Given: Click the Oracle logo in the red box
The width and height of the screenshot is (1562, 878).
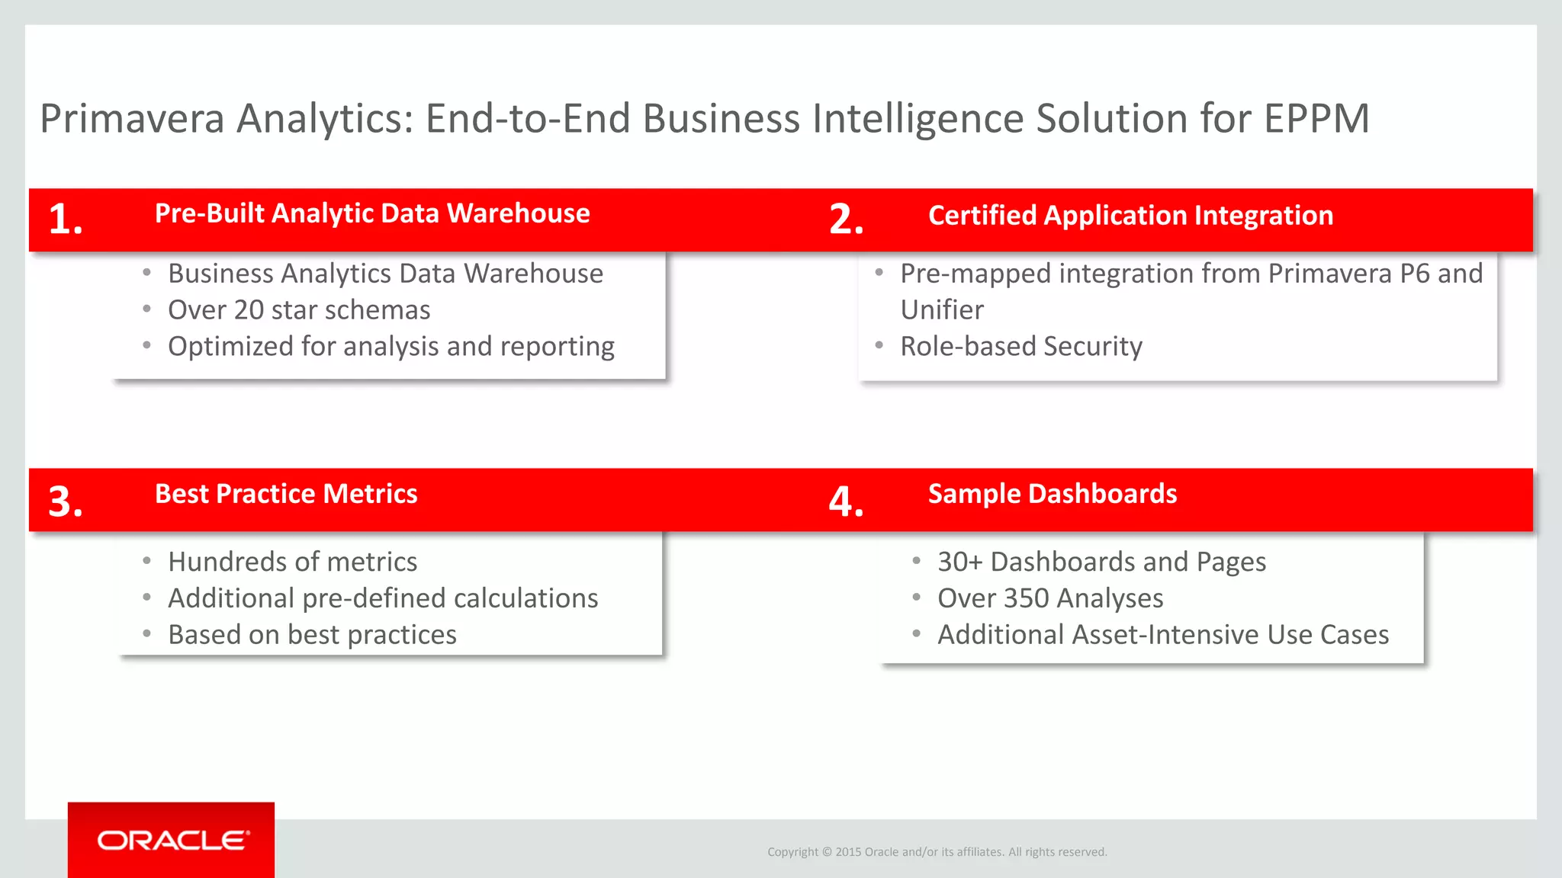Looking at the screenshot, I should click(172, 840).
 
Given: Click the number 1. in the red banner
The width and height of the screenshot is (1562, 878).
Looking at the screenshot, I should click(66, 219).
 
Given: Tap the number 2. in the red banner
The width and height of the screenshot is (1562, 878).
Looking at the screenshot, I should click(846, 219).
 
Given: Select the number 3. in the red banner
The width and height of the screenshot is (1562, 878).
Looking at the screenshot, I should click(66, 501).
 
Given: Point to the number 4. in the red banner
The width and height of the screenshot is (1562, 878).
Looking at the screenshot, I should click(846, 501).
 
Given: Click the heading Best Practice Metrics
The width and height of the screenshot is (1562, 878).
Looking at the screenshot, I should click(286, 494).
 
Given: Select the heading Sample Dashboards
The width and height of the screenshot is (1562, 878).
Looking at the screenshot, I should click(1052, 494).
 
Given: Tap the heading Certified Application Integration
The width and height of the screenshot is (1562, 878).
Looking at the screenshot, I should click(1130, 216).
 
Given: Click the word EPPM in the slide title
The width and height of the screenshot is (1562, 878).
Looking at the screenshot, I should click(1316, 119).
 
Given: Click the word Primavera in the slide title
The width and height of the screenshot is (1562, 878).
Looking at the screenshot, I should click(132, 119).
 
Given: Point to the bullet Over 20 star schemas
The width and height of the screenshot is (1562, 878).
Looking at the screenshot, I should click(299, 310).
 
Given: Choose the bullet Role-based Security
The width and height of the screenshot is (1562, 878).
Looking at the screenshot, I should click(1021, 347).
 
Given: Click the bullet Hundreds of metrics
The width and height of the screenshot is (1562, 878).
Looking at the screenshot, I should click(292, 562).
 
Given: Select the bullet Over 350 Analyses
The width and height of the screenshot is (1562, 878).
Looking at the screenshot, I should click(1050, 598).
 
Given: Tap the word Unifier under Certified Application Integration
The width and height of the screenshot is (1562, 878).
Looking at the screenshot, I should click(942, 310).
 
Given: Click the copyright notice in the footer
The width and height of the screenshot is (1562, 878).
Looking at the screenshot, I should click(937, 852).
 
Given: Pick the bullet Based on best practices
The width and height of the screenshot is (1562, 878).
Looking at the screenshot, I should click(312, 635).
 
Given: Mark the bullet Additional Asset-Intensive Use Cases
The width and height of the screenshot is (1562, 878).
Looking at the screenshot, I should click(1163, 635).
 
